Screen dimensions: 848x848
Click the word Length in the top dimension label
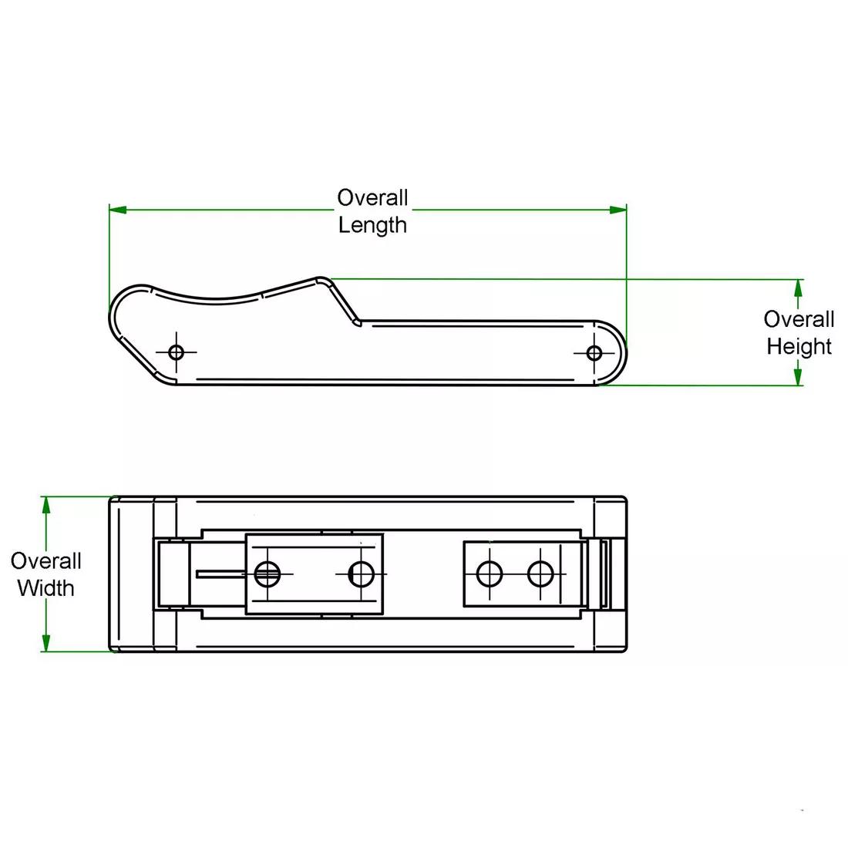pyautogui.click(x=372, y=225)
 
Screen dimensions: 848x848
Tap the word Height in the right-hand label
pyautogui.click(x=799, y=346)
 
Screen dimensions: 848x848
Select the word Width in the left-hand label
pyautogui.click(x=45, y=588)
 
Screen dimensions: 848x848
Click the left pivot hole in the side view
pyautogui.click(x=177, y=353)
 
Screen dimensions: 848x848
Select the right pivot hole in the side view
pyautogui.click(x=594, y=353)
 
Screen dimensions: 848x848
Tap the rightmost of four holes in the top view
pyautogui.click(x=540, y=573)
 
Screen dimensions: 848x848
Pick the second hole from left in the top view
pyautogui.click(x=361, y=573)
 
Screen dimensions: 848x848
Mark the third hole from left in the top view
pyautogui.click(x=490, y=573)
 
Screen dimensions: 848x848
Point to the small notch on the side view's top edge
pyautogui.click(x=356, y=322)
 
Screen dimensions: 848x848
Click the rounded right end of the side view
pyautogui.click(x=623, y=353)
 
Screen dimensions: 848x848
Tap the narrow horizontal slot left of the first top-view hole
pyautogui.click(x=224, y=573)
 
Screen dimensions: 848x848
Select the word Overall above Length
pyautogui.click(x=372, y=198)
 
